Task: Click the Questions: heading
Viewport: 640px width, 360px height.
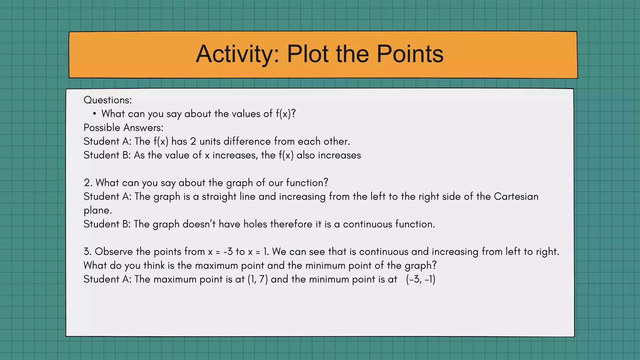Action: pos(108,100)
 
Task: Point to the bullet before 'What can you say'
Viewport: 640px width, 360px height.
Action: pos(94,114)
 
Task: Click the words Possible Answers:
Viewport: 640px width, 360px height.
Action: pos(123,127)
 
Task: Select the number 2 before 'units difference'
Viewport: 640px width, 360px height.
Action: pos(193,141)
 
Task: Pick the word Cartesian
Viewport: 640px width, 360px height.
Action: pos(516,197)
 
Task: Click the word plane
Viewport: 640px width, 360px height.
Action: pos(97,211)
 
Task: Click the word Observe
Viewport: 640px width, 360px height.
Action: pos(114,252)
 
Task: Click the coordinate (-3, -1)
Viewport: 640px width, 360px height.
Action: pos(421,279)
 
